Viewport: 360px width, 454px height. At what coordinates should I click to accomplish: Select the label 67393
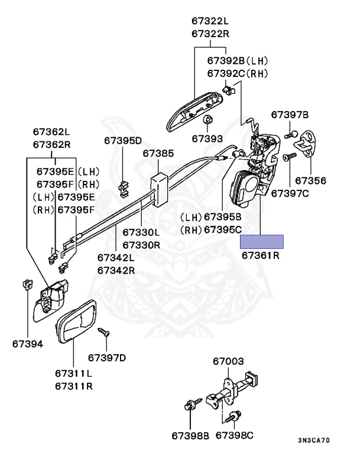click(207, 140)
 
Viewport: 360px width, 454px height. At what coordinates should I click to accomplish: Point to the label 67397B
click(290, 114)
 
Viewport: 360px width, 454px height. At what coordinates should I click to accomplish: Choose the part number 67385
click(158, 153)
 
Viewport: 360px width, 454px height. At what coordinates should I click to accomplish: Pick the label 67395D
click(123, 140)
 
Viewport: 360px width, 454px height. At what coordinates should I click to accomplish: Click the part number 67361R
click(260, 257)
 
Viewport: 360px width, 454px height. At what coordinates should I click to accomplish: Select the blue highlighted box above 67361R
click(261, 241)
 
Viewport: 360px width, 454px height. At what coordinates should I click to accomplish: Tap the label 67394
click(27, 343)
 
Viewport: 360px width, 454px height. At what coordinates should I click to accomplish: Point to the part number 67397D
click(107, 357)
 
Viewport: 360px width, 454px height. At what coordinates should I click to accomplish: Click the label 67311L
click(73, 374)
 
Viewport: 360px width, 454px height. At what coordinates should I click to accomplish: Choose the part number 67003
click(228, 360)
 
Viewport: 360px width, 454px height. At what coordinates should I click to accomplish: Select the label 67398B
click(190, 436)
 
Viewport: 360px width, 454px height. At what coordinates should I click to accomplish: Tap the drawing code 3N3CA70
click(314, 440)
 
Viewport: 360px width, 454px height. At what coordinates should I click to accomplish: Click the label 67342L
click(116, 258)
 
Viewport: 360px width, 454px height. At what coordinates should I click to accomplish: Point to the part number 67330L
click(141, 232)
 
